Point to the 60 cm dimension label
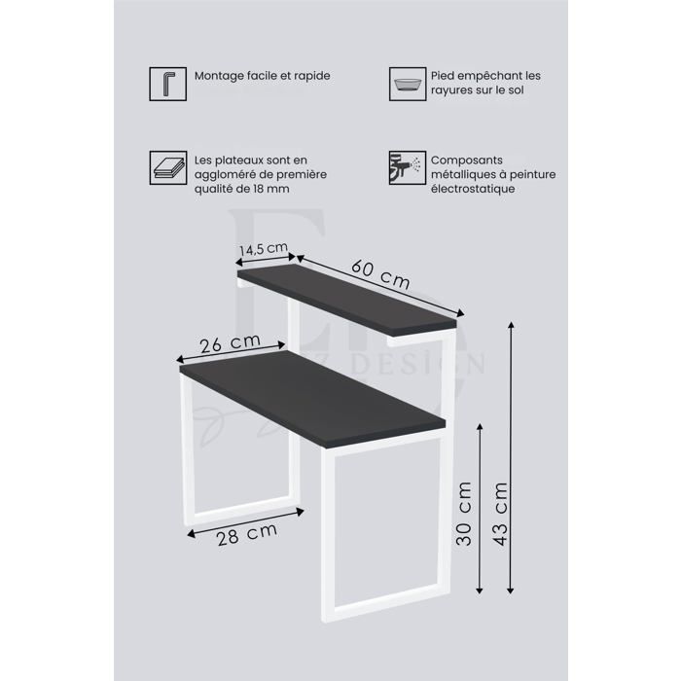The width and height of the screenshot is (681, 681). pyautogui.click(x=380, y=273)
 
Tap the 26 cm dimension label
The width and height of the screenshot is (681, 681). pyautogui.click(x=230, y=342)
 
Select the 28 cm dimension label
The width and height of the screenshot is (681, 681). pyautogui.click(x=247, y=533)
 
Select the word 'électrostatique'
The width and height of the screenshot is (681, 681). pyautogui.click(x=474, y=189)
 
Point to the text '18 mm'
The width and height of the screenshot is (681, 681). pyautogui.click(x=270, y=189)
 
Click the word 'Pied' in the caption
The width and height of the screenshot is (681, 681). pyautogui.click(x=444, y=76)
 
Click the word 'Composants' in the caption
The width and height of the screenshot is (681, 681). pyautogui.click(x=468, y=160)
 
